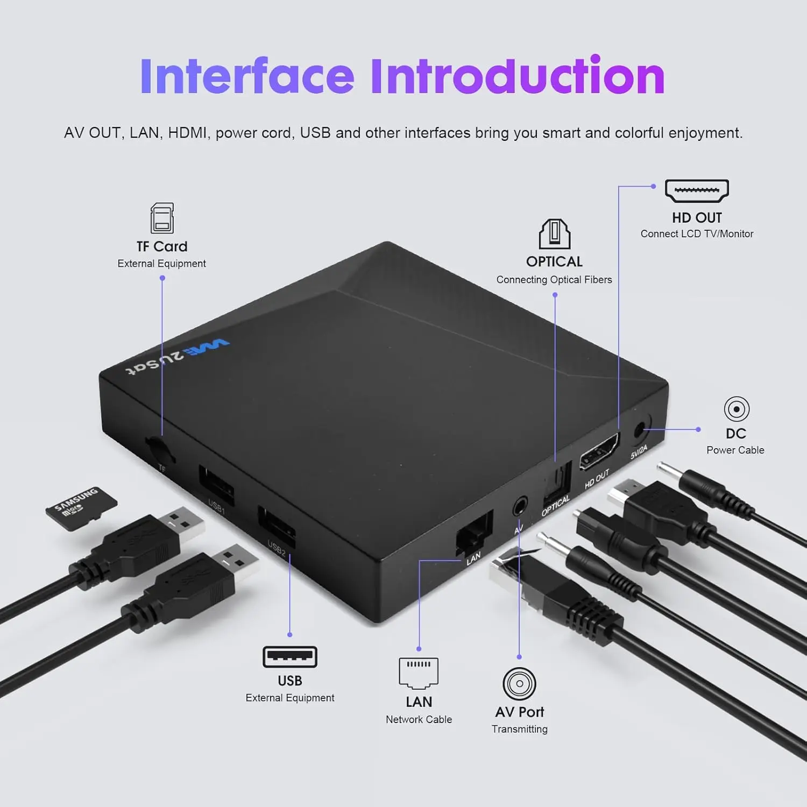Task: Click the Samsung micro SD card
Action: [81, 508]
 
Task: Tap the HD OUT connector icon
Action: [697, 191]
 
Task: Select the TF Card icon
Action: [162, 218]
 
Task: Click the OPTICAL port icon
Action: [554, 234]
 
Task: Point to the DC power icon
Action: [736, 409]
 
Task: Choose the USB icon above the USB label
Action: [289, 657]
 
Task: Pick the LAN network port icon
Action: [419, 673]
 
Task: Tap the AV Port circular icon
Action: [519, 684]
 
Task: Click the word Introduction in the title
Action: [518, 76]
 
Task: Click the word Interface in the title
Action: [247, 76]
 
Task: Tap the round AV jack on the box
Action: [520, 506]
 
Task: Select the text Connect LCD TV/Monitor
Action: [697, 234]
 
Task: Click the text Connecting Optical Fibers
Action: [554, 280]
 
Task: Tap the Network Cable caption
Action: [419, 720]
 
